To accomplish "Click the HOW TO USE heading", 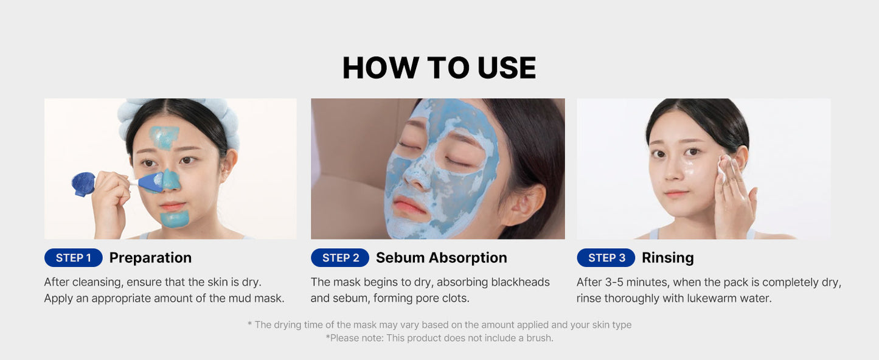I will click(x=439, y=67).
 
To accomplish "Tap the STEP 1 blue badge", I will click(x=73, y=258).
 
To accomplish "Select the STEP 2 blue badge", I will click(x=340, y=258).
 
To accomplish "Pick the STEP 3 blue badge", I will click(x=606, y=258).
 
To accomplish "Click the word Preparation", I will click(x=150, y=258).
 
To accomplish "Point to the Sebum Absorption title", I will click(x=441, y=258).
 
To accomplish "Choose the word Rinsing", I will click(x=667, y=258).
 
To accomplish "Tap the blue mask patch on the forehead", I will click(x=164, y=137).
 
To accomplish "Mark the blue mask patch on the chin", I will click(x=175, y=218).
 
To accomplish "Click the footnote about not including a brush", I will click(x=439, y=338).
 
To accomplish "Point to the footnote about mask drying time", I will click(x=439, y=325).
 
